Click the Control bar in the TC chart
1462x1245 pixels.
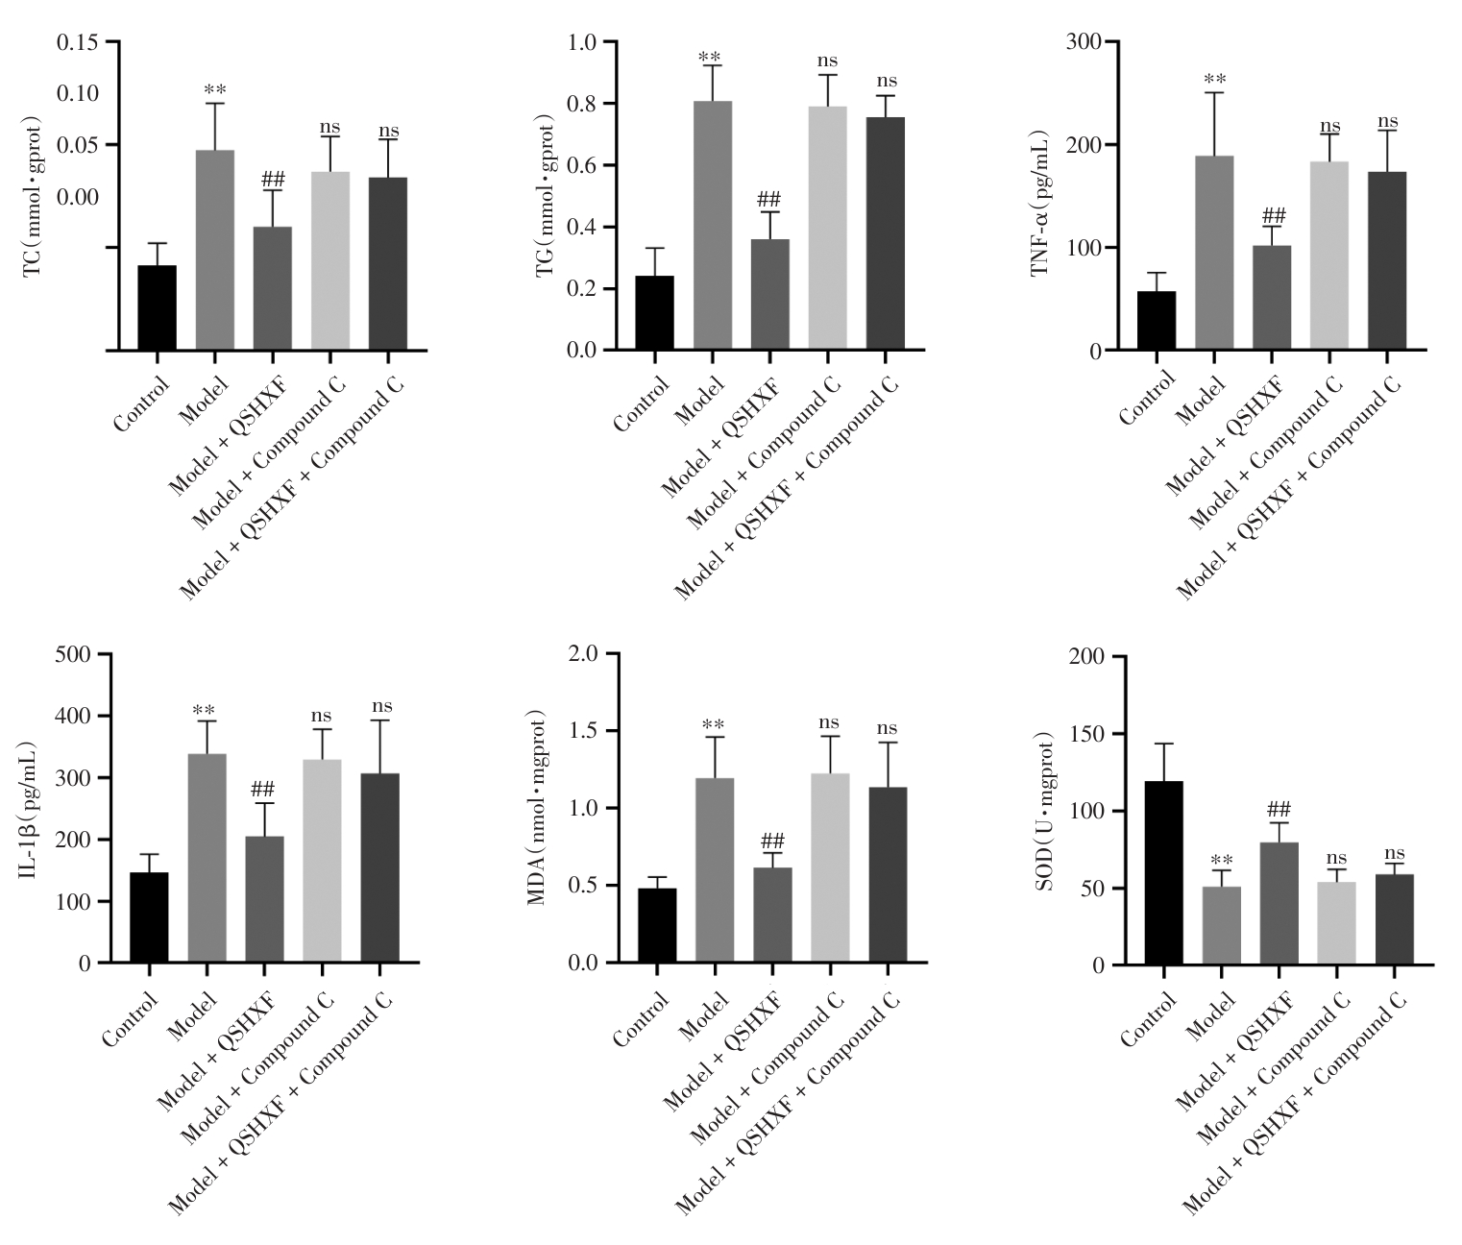coord(157,307)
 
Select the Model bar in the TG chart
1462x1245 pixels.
coord(712,226)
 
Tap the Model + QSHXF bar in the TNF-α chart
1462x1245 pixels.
coord(1272,298)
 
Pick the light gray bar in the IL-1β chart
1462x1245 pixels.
coord(322,861)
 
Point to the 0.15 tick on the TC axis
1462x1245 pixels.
coord(77,42)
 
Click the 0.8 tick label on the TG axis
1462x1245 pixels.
coord(582,104)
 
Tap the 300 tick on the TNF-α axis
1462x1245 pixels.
coord(1087,42)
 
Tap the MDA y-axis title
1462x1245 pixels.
coord(537,807)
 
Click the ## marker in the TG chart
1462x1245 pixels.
coord(769,200)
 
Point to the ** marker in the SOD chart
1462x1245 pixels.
coord(1221,860)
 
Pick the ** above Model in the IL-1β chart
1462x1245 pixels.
coord(204,712)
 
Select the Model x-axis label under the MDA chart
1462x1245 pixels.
coord(699,1017)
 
